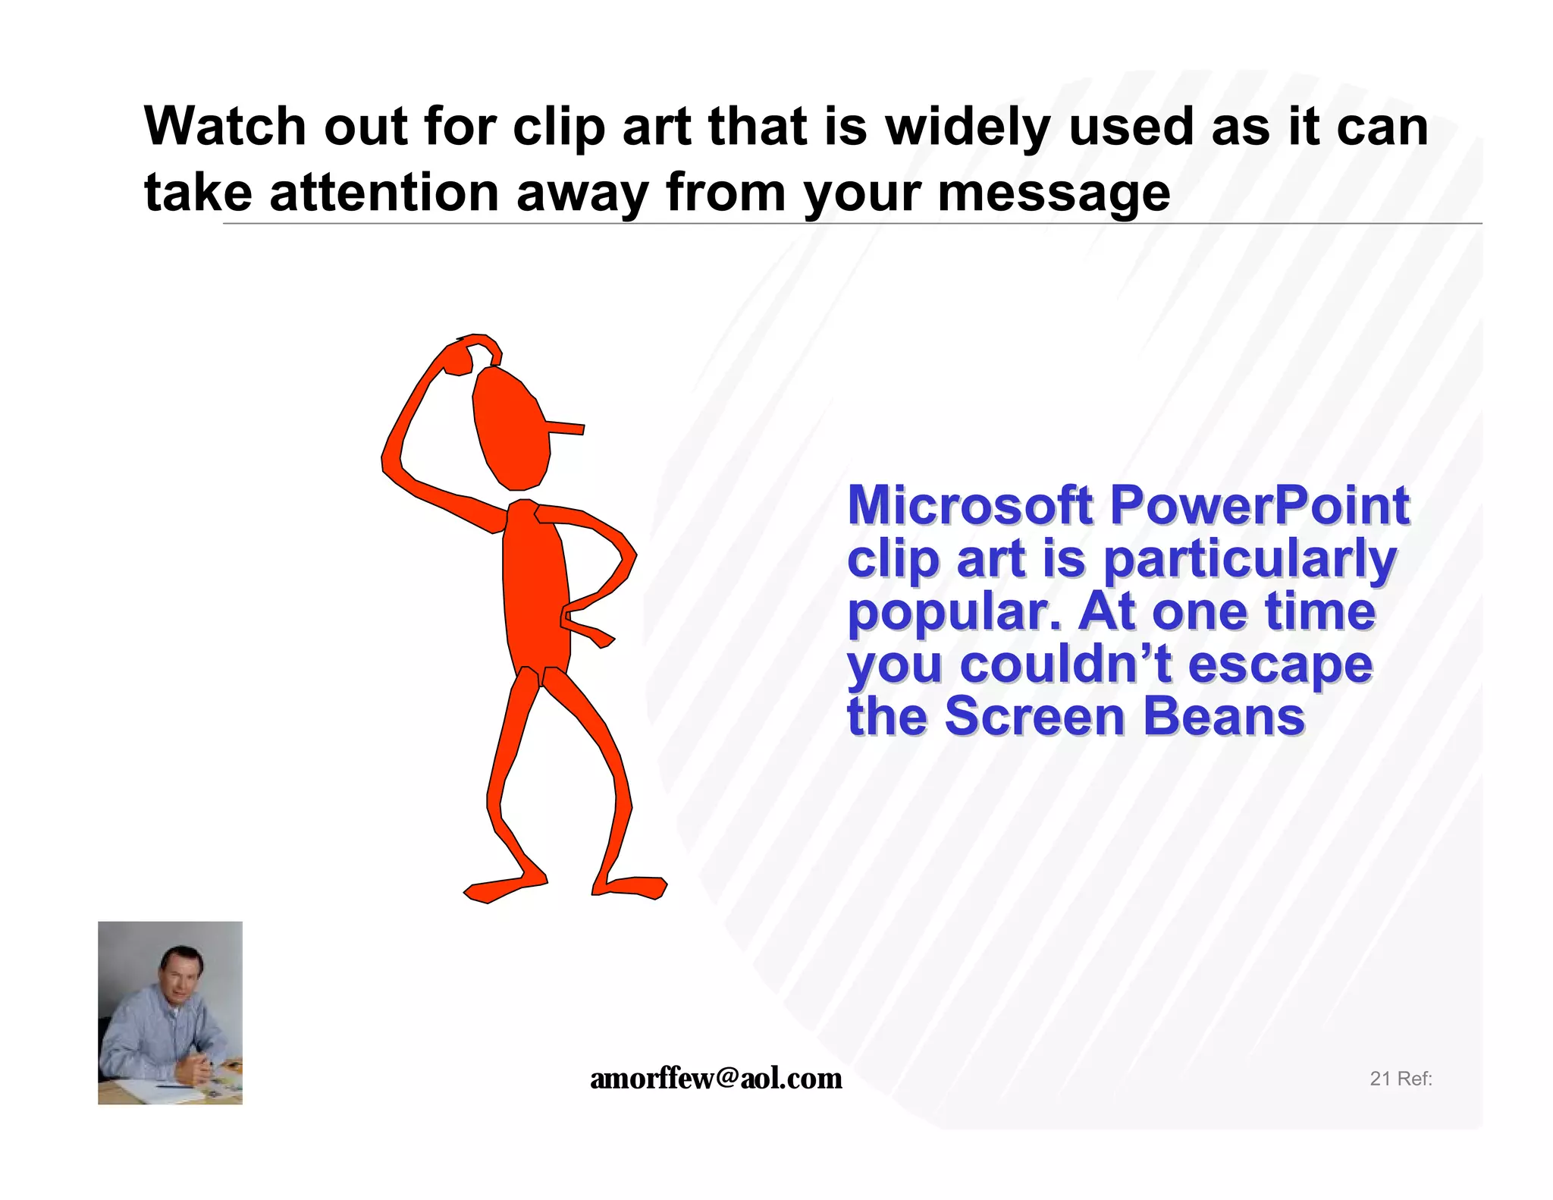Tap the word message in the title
coord(1054,193)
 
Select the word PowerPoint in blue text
coord(1260,505)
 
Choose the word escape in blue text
coord(1280,665)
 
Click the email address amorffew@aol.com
coord(716,1079)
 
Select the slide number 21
coord(1379,1079)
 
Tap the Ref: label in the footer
coord(1415,1079)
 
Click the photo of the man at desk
coord(170,1013)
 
